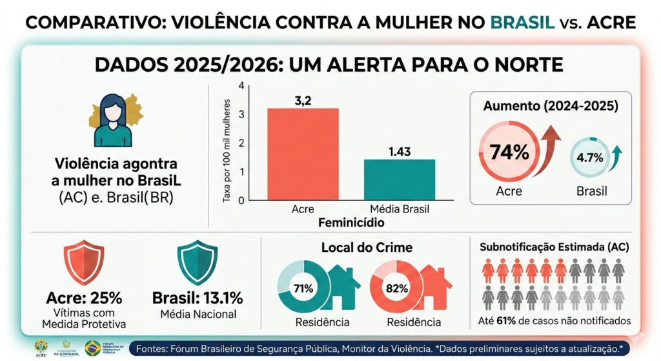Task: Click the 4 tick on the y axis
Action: click(x=241, y=87)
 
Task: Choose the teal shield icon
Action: click(x=197, y=262)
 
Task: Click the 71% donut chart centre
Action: click(x=303, y=287)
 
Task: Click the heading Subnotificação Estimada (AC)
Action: click(x=554, y=247)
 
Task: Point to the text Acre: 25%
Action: click(x=84, y=298)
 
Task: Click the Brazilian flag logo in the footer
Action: click(x=92, y=347)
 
